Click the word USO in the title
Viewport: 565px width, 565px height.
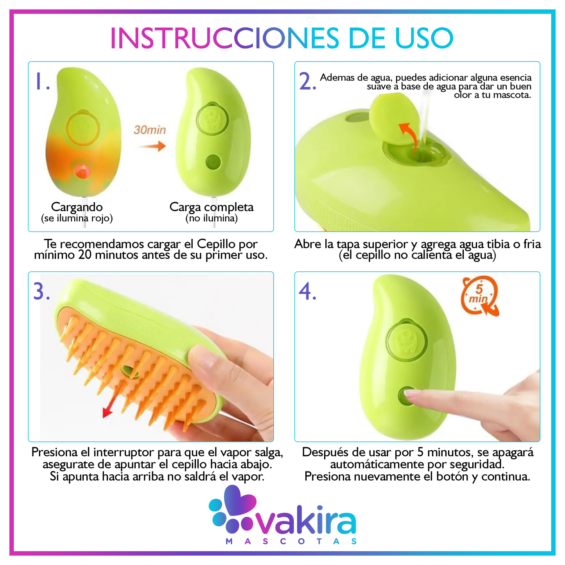[424, 38]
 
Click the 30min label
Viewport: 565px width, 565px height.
[149, 130]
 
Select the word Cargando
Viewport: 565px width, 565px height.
[77, 207]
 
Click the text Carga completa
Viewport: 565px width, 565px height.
[212, 207]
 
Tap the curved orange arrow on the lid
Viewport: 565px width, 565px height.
[408, 138]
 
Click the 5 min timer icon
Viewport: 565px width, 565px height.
[479, 296]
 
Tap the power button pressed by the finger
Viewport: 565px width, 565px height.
[407, 396]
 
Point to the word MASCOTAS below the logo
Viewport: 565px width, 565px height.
[291, 541]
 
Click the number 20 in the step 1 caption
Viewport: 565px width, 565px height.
[85, 255]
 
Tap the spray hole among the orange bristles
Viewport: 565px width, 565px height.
[131, 371]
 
